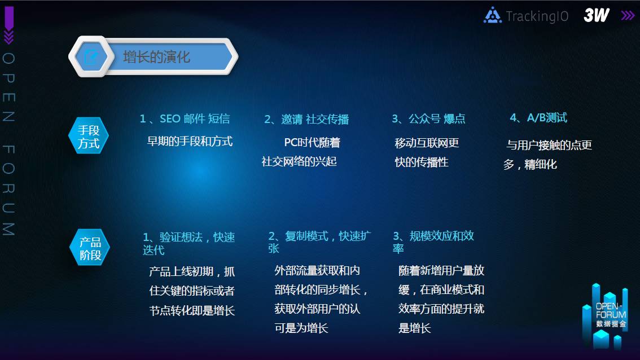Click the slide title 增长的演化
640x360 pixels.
click(x=157, y=57)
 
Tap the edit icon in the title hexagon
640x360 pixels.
click(x=91, y=57)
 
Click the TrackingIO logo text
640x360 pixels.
click(x=537, y=16)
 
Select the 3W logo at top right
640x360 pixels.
click(x=597, y=15)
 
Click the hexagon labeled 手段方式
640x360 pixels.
click(x=89, y=136)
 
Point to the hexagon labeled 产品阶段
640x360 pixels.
click(x=89, y=248)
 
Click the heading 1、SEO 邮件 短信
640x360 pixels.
click(x=185, y=118)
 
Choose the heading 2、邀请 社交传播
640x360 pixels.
click(x=306, y=119)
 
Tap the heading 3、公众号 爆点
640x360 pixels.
click(x=428, y=118)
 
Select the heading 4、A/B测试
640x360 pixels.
click(x=538, y=118)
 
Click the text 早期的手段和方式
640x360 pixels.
click(x=190, y=141)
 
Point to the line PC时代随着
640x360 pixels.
click(x=312, y=142)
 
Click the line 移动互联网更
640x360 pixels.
click(x=427, y=143)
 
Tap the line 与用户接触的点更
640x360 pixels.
click(x=549, y=145)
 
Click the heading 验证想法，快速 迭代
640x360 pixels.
click(x=189, y=243)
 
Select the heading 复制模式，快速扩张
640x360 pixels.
click(x=319, y=243)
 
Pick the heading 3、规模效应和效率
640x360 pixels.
click(x=433, y=242)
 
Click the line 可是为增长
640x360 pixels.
click(x=301, y=328)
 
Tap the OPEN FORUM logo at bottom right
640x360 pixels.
click(x=605, y=317)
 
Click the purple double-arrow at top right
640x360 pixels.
click(x=628, y=15)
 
